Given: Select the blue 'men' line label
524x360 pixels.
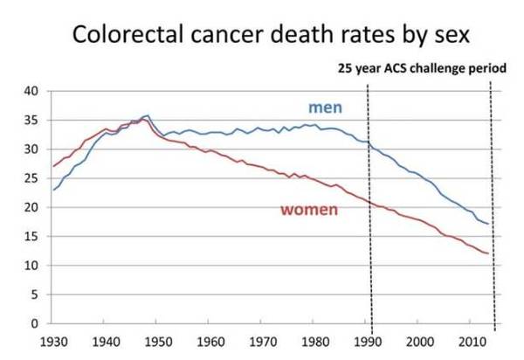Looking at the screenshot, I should point(324,107).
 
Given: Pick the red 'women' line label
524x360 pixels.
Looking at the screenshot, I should point(309,210).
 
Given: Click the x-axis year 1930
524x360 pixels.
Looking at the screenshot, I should point(53,341).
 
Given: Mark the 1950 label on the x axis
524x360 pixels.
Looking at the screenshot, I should point(158,341).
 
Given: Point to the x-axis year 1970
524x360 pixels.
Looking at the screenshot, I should point(263,341).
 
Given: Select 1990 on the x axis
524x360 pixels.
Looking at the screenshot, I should point(368,341).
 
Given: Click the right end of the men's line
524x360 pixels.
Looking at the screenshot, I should point(487,225).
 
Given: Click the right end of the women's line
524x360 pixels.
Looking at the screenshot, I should point(487,253).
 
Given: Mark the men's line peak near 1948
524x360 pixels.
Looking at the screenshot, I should point(148,115).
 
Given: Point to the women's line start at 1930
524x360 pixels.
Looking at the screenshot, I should point(53,166).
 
